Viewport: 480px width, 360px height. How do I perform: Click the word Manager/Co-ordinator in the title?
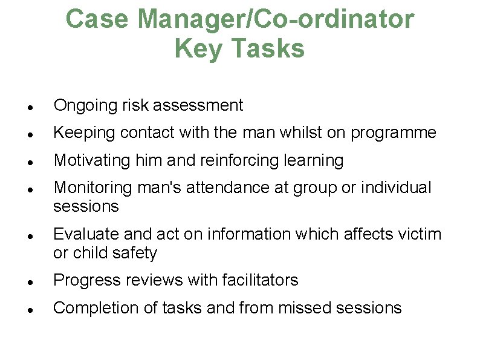276,19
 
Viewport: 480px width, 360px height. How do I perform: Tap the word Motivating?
89,160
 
